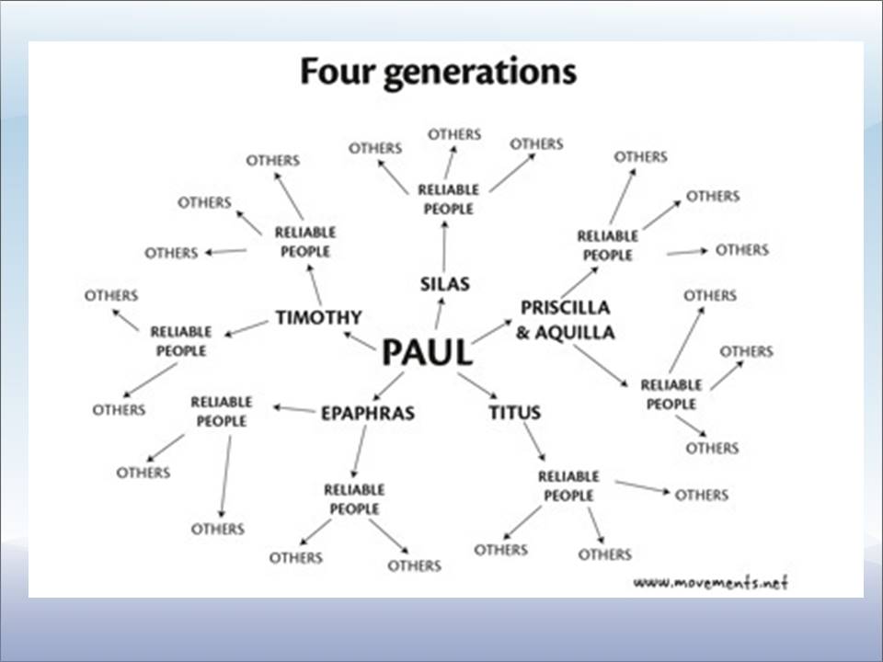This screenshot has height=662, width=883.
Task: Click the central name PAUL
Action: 427,353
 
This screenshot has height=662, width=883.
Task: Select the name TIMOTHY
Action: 318,317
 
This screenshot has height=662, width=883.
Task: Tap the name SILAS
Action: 444,283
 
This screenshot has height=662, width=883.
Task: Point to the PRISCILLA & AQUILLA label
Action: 565,319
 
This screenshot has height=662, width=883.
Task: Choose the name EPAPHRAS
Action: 367,413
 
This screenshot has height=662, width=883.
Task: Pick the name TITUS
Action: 514,412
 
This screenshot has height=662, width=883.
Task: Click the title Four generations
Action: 438,72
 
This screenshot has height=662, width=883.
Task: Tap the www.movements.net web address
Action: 711,582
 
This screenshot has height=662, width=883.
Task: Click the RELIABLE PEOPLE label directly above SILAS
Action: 448,199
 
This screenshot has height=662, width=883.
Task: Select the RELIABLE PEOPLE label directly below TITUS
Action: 568,485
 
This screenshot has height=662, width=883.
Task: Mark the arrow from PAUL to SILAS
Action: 439,314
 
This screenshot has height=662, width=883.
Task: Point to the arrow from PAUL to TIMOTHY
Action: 360,340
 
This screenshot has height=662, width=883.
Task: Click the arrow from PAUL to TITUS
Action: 476,384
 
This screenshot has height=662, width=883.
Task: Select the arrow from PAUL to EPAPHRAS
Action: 388,384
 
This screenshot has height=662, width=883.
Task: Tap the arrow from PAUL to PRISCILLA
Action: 492,331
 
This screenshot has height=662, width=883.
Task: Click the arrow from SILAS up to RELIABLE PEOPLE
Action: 444,245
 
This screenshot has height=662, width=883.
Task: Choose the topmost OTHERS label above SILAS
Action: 453,134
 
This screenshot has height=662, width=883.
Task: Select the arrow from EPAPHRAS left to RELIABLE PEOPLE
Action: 294,408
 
